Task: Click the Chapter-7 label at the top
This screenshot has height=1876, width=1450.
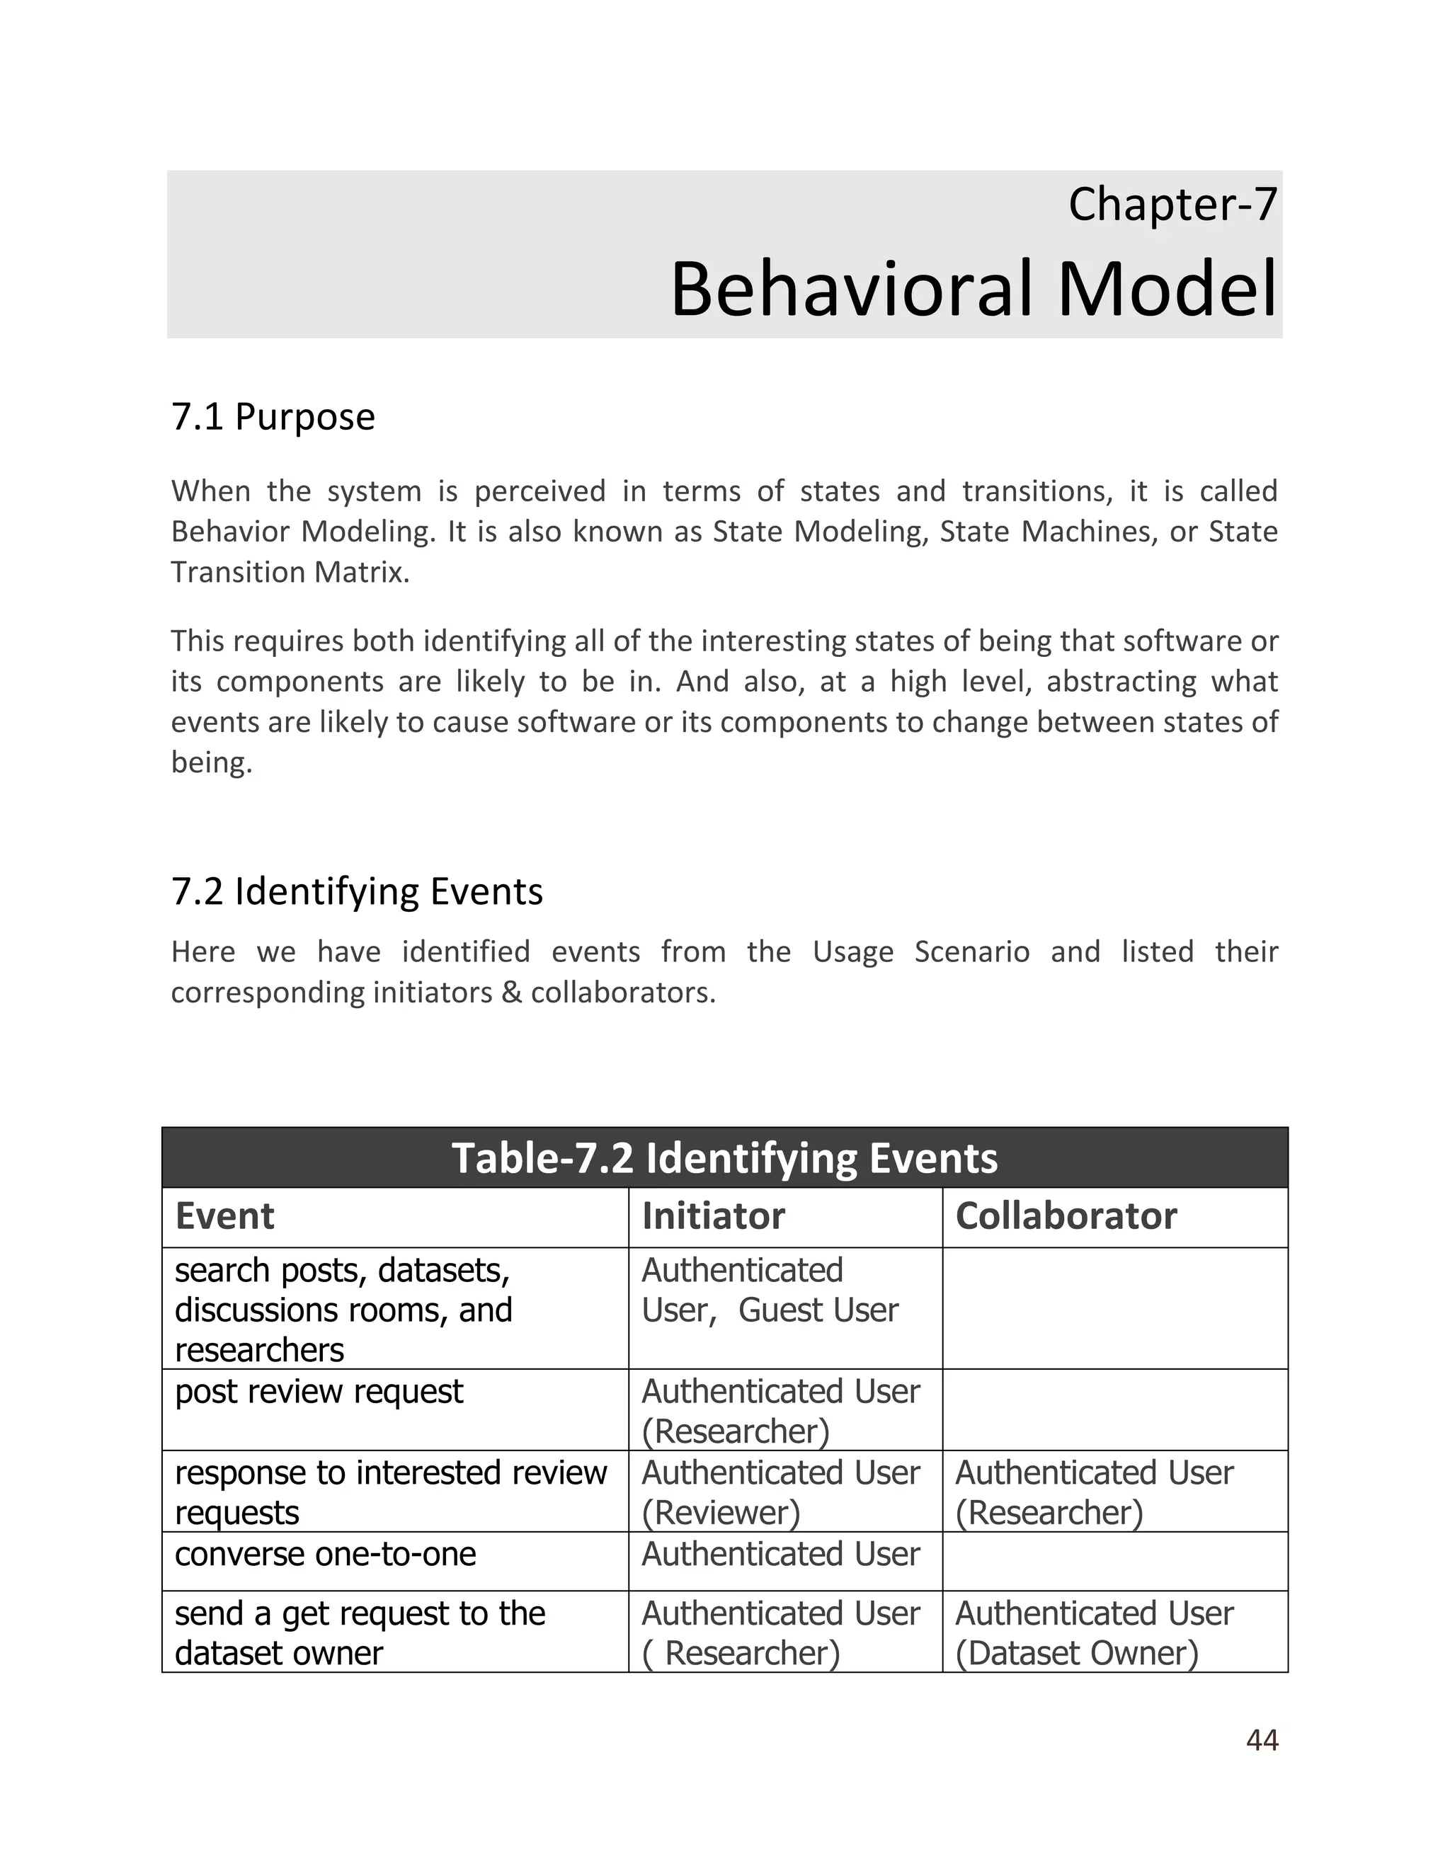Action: pos(1172,205)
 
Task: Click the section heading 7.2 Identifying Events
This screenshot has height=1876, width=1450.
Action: pos(357,891)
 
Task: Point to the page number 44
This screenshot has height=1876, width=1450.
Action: pos(1261,1739)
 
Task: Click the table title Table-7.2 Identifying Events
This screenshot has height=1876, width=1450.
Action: pos(724,1158)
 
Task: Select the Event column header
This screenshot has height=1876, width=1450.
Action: pos(224,1216)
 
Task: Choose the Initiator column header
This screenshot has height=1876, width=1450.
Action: pos(713,1216)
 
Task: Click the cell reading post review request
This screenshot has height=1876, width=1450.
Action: pos(319,1392)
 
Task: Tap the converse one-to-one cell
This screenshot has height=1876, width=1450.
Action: pos(325,1554)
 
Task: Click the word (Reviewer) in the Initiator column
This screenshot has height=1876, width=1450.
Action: pos(720,1513)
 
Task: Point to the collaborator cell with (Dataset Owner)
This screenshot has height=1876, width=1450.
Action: pos(1075,1653)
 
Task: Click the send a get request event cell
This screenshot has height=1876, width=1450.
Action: pos(359,1632)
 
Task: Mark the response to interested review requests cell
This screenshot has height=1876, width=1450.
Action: pos(390,1492)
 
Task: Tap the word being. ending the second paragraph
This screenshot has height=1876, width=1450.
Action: pos(211,762)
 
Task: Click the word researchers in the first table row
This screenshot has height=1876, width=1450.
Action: pos(258,1350)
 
